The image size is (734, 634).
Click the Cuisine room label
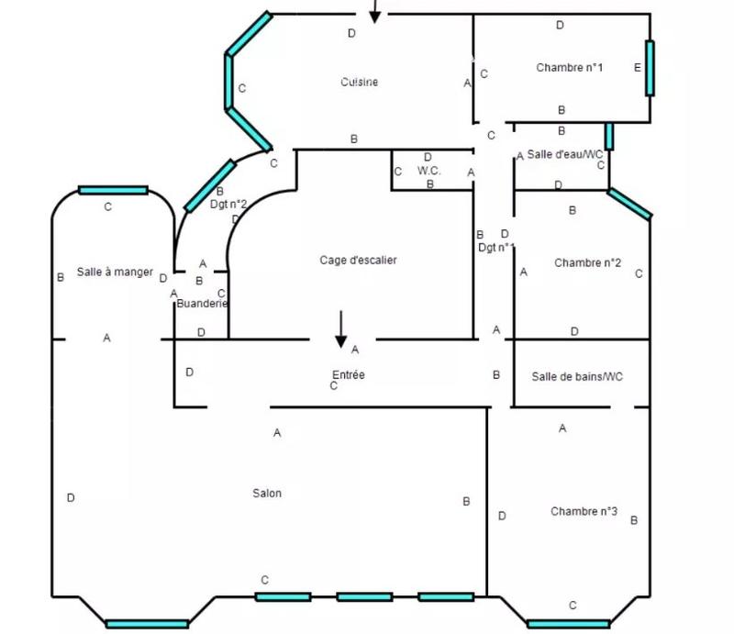[x=359, y=83]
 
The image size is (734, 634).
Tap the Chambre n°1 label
[x=569, y=67]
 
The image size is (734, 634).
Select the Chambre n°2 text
[x=587, y=263]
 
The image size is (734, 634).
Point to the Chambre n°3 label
[x=584, y=511]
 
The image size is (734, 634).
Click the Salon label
[x=267, y=494]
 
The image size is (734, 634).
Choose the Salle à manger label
[x=115, y=273]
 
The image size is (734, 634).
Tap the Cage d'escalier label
[x=359, y=261]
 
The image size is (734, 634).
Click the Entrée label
[x=349, y=375]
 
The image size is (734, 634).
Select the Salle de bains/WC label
[x=577, y=377]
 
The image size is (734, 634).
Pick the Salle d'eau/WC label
[x=565, y=154]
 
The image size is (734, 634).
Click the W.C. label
[x=429, y=171]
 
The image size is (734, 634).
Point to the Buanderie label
[x=202, y=304]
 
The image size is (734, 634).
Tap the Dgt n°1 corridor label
[x=496, y=248]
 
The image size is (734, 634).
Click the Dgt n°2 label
[x=228, y=205]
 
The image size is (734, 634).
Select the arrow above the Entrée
[x=340, y=329]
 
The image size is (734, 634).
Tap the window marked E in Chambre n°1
[x=650, y=68]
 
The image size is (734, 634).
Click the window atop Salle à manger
[x=113, y=190]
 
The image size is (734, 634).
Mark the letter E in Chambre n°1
[x=637, y=67]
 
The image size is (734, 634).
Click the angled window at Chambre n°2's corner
[x=629, y=205]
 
